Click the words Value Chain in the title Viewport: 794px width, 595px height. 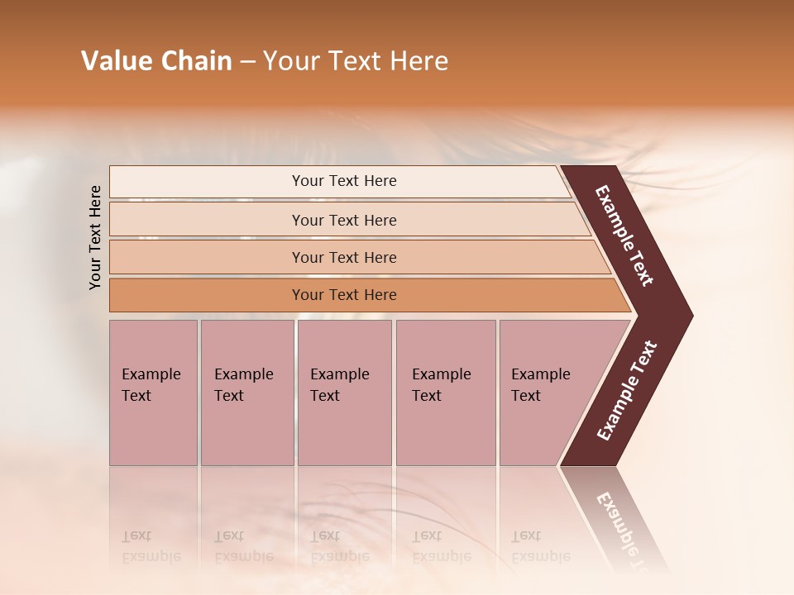click(156, 61)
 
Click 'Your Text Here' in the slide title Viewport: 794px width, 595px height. click(356, 61)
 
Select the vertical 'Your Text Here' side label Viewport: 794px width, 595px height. click(95, 238)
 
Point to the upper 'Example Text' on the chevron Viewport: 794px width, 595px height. click(624, 236)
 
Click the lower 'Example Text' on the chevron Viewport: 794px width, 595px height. click(627, 391)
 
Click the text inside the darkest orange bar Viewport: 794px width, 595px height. click(344, 295)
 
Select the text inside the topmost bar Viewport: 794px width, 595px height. click(344, 181)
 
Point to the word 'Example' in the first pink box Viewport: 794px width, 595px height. click(151, 374)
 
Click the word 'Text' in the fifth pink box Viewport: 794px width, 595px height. click(526, 396)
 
